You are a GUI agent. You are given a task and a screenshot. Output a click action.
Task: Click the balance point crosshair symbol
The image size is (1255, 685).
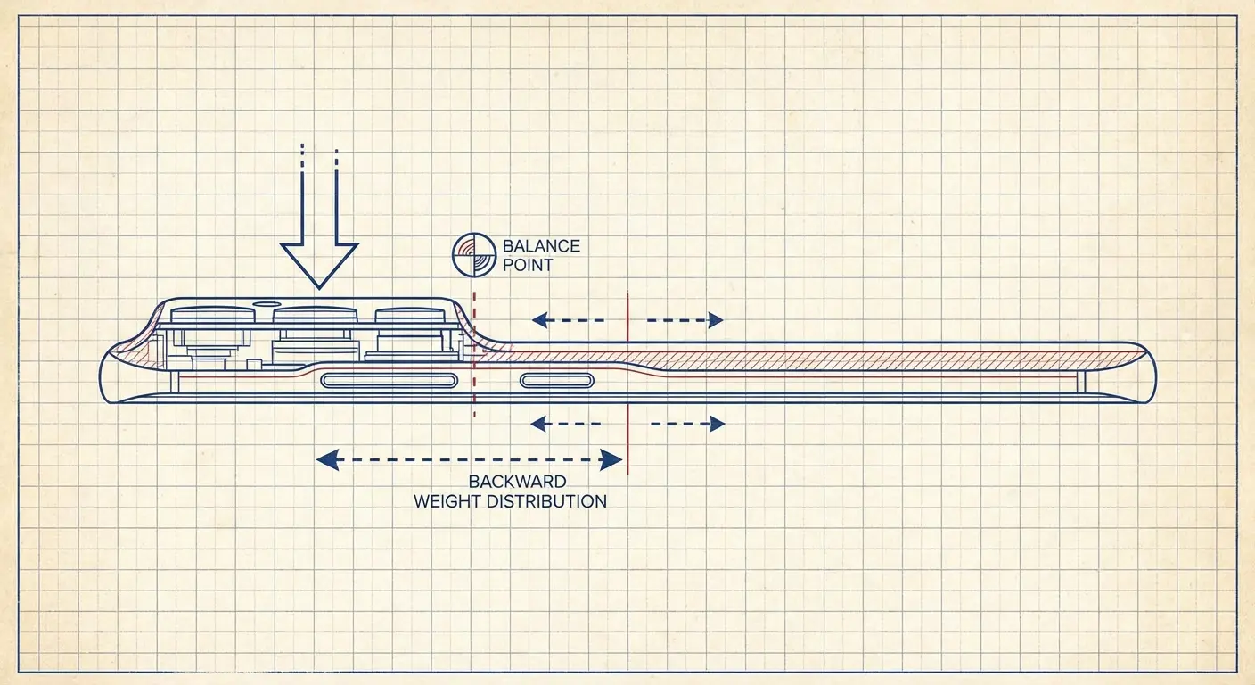(x=473, y=252)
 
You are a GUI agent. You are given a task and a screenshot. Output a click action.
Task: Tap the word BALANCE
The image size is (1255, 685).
(x=541, y=245)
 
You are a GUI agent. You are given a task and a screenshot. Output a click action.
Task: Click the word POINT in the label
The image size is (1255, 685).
(x=528, y=265)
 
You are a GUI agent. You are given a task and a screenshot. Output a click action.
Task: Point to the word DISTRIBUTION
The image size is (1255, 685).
(x=550, y=501)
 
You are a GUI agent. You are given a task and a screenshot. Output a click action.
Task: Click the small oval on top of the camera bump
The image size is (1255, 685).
(x=265, y=303)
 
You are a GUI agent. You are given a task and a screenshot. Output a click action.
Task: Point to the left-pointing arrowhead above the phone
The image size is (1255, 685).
(x=538, y=320)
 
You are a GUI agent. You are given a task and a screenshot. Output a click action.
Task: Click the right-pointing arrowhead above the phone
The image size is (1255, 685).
(x=715, y=320)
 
